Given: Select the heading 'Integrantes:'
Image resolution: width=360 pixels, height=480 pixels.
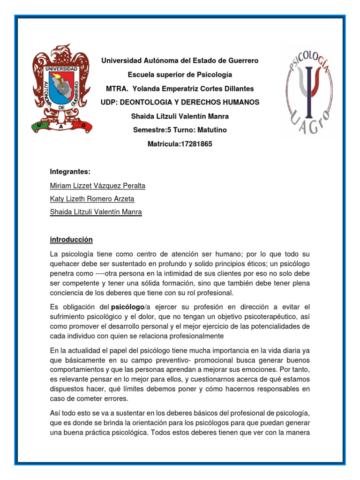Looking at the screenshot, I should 70,172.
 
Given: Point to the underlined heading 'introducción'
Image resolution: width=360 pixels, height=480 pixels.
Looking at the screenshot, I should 71,240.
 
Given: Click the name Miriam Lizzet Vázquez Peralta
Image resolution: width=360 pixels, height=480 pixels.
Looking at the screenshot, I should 97,186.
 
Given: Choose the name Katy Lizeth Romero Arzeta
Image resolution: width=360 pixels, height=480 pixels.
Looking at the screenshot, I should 92,199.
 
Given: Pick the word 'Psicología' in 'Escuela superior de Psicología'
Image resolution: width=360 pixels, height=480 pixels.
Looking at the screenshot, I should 215,75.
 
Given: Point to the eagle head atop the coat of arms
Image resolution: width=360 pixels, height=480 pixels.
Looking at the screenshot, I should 64,51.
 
